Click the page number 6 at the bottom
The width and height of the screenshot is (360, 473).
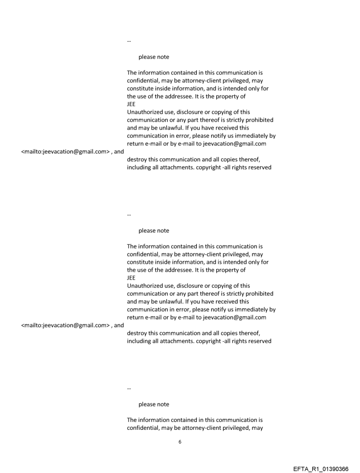[x=180, y=442]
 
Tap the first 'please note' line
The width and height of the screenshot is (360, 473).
[x=154, y=57]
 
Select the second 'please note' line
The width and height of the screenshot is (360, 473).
[x=154, y=231]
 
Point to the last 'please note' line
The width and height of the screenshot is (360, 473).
[x=154, y=404]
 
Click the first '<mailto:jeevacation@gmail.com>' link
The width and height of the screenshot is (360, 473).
[x=64, y=152]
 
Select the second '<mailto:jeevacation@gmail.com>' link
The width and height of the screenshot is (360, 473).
[x=64, y=326]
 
